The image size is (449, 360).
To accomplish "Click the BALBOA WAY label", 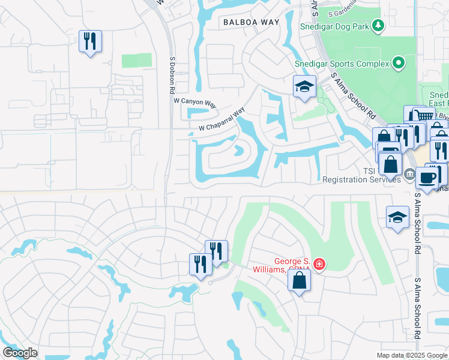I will pyautogui.click(x=252, y=22).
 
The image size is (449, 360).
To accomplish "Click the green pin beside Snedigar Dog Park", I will pyautogui.click(x=378, y=25).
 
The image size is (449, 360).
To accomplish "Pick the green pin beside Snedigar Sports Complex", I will pyautogui.click(x=397, y=62).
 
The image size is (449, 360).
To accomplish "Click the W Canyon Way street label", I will pyautogui.click(x=196, y=103).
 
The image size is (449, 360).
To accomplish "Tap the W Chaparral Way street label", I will pyautogui.click(x=222, y=120).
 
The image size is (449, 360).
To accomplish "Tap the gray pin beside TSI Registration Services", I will pyautogui.click(x=409, y=175).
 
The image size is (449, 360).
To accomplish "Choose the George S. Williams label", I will pyautogui.click(x=294, y=265).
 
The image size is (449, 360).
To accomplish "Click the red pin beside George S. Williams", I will pyautogui.click(x=319, y=264).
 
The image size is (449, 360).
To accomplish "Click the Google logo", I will pyautogui.click(x=20, y=352).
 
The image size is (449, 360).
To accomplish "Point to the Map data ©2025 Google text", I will pyautogui.click(x=412, y=355).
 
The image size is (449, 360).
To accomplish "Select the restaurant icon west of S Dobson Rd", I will pyautogui.click(x=90, y=41).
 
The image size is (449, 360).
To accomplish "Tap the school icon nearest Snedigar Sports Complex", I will pyautogui.click(x=304, y=87).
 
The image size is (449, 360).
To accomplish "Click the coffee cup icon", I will pyautogui.click(x=427, y=178).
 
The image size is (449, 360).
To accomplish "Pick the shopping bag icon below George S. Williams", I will pyautogui.click(x=300, y=280).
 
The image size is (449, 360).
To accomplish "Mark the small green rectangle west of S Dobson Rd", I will pyautogui.click(x=137, y=61).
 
